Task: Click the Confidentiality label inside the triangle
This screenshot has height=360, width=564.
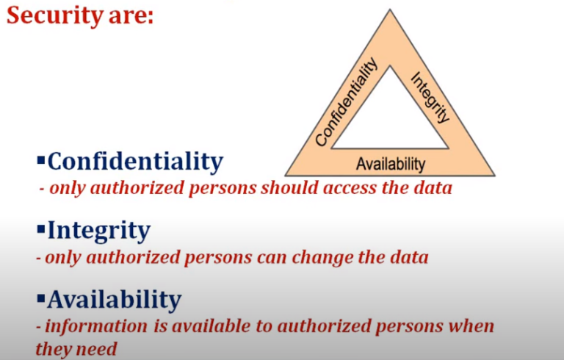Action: (x=346, y=102)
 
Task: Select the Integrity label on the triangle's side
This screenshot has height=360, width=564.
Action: (x=430, y=96)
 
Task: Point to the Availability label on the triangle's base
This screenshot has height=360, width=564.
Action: (x=390, y=163)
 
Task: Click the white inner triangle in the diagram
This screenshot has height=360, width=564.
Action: (x=390, y=118)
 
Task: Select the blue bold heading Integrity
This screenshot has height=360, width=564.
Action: (x=98, y=231)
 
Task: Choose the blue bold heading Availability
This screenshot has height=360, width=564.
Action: (x=114, y=300)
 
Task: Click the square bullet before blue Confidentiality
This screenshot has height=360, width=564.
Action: (x=40, y=159)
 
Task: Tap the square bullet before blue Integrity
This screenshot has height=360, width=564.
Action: (x=40, y=230)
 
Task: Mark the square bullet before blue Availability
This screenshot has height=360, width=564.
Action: (x=40, y=299)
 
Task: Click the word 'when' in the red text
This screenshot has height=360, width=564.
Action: (x=474, y=325)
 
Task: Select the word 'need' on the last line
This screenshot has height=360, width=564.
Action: (x=97, y=348)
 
